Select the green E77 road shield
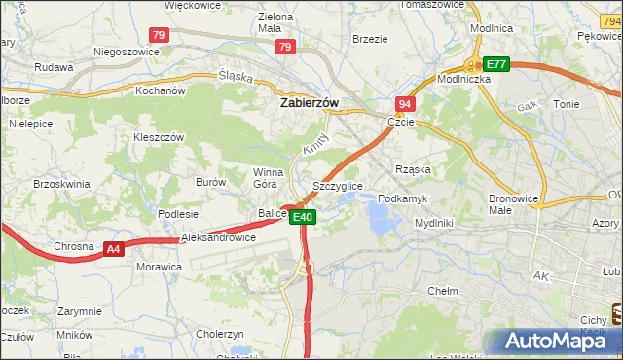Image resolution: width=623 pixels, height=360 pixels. [x=497, y=64]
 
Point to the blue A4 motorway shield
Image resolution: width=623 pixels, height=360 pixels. [x=114, y=250]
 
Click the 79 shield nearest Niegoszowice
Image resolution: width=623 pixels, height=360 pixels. [x=160, y=35]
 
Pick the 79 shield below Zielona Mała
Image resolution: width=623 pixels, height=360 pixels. [x=285, y=47]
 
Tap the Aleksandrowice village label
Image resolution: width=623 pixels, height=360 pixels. [x=219, y=237]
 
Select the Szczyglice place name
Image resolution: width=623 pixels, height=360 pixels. [x=338, y=185]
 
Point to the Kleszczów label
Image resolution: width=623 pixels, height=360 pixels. [x=159, y=138]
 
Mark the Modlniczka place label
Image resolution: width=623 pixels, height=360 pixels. [x=463, y=80]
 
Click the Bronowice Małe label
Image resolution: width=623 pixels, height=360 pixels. [x=513, y=203]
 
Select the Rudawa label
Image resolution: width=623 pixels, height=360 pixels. [x=54, y=67]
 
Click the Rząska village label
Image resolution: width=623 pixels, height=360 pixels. [x=413, y=169]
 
